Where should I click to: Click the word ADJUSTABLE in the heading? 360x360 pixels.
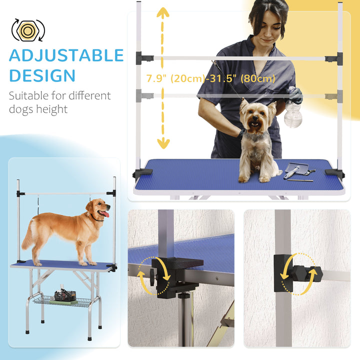tap(66, 55)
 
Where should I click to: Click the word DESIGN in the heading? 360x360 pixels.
tap(42, 76)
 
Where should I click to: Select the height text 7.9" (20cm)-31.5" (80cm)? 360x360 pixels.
tap(210, 78)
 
